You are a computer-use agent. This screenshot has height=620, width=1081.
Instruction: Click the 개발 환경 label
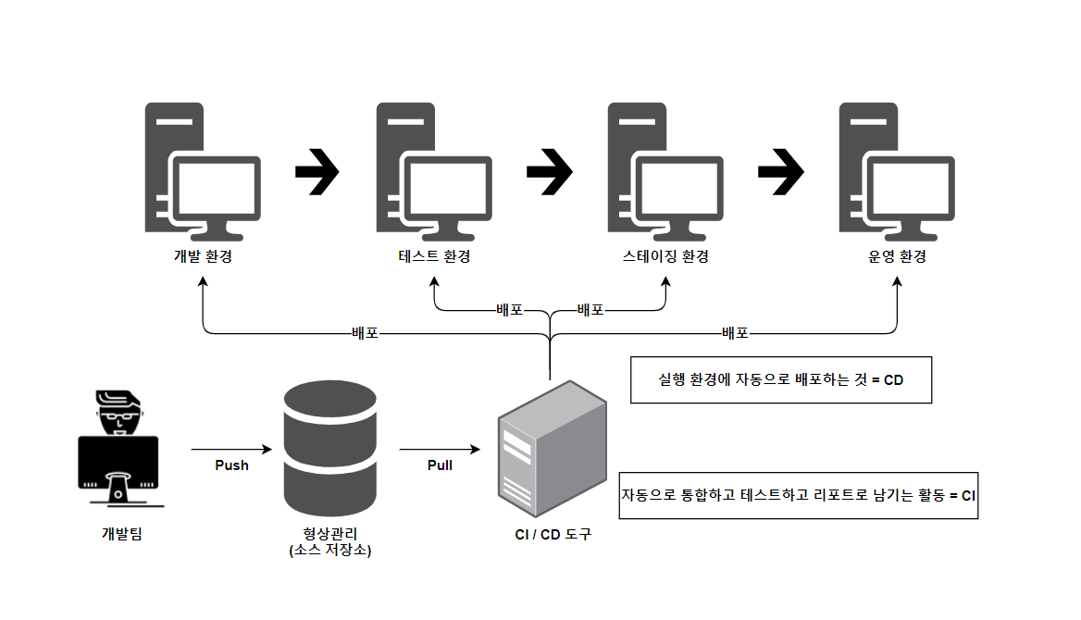(203, 256)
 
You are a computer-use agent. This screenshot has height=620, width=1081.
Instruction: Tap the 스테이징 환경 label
(665, 256)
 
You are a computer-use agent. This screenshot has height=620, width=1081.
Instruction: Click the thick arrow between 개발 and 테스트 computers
(317, 172)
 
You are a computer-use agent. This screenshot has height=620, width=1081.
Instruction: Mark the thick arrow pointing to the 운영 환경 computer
(780, 172)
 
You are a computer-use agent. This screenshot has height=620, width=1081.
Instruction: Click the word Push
(231, 465)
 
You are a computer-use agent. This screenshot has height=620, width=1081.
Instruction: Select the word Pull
(440, 465)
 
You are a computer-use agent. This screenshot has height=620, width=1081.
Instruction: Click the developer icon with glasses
(118, 449)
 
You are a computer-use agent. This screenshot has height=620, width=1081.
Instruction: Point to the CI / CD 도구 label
(553, 534)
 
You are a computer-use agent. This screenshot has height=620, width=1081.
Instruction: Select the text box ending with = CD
(780, 379)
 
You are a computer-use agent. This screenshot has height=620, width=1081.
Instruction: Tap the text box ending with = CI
(798, 495)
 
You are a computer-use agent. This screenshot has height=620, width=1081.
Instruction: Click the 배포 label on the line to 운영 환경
(735, 331)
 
